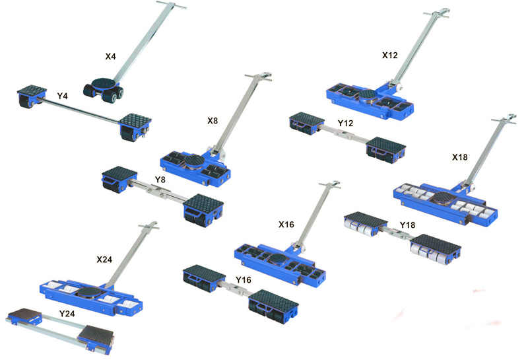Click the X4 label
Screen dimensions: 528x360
click(x=110, y=56)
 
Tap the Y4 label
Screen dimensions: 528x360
click(x=62, y=96)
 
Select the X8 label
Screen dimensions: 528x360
click(x=213, y=121)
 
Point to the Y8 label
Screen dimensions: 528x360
click(x=160, y=180)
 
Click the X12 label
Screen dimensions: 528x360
click(x=390, y=55)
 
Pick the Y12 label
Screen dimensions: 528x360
click(x=345, y=124)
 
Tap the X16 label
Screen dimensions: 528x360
click(x=286, y=225)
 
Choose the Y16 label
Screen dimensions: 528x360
click(x=244, y=280)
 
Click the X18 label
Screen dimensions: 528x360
click(x=459, y=157)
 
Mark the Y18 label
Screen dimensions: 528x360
click(x=407, y=225)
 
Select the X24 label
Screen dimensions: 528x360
click(x=104, y=260)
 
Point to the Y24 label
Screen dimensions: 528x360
click(x=67, y=314)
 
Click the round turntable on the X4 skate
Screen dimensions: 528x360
click(x=103, y=83)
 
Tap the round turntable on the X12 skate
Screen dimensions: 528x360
click(x=369, y=96)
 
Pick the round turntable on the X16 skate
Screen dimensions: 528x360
click(x=279, y=260)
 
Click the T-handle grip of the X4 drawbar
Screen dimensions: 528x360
click(x=171, y=5)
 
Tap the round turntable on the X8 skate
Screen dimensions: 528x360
click(x=193, y=161)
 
